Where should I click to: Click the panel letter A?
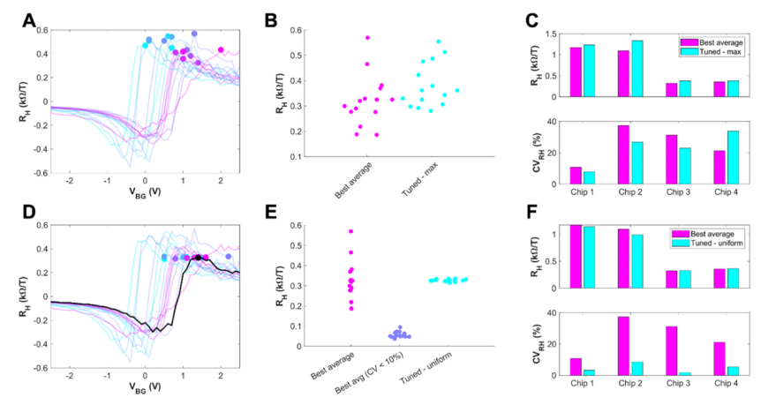tap(29, 19)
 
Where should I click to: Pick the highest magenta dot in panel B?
tap(367, 38)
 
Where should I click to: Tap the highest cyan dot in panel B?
tap(438, 41)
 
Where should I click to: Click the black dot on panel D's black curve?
tap(199, 258)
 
